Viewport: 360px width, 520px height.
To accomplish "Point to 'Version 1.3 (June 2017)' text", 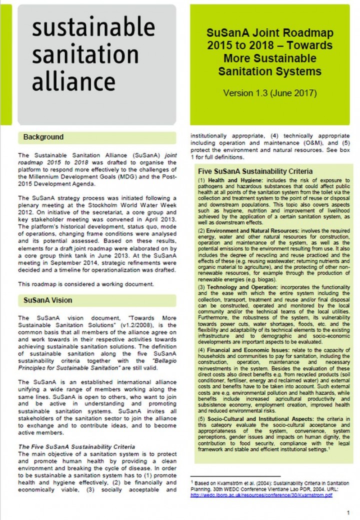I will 269,93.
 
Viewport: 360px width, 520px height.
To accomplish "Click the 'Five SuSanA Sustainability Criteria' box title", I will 255,171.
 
